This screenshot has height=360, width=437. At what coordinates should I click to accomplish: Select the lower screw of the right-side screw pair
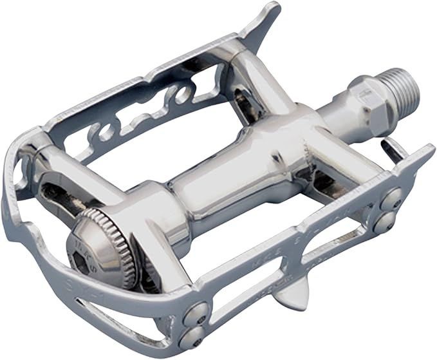coord(384,222)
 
